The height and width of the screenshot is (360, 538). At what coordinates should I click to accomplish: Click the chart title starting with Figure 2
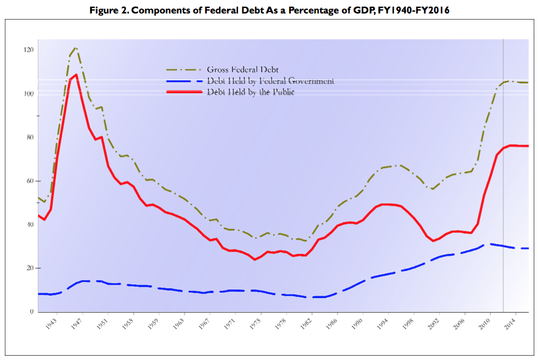[x=269, y=10]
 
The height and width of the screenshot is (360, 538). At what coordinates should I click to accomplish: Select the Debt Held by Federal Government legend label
[x=271, y=81]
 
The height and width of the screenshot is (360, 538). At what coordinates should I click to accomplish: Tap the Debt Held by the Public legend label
[x=251, y=92]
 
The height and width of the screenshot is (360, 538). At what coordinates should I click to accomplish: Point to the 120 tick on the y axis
[x=29, y=50]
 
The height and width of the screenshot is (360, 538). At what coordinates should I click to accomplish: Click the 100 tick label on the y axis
[x=29, y=93]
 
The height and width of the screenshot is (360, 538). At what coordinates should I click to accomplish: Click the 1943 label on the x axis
[x=52, y=323]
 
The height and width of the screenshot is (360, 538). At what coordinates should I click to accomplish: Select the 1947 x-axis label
[x=77, y=323]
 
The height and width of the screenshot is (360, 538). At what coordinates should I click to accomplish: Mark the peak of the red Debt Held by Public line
[x=76, y=74]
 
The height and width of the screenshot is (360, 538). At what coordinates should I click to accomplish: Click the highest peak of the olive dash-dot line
[x=75, y=47]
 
